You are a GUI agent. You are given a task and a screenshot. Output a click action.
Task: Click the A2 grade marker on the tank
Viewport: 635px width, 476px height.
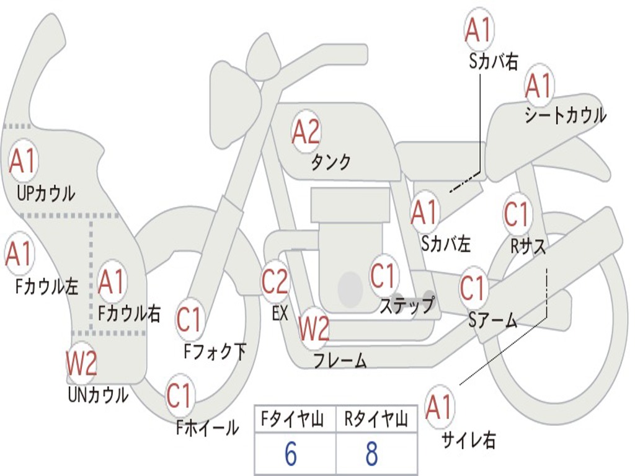(x=306, y=131)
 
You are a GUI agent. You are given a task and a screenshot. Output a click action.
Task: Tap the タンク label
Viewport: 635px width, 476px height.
(x=331, y=162)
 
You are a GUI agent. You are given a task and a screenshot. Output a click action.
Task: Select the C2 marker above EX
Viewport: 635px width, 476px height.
(x=275, y=281)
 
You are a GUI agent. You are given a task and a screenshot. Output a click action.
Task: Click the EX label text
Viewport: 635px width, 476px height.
(x=280, y=313)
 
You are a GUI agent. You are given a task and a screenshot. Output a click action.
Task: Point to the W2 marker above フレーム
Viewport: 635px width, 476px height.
(x=314, y=328)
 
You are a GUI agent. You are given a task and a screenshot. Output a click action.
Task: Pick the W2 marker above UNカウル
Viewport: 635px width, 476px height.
(x=82, y=363)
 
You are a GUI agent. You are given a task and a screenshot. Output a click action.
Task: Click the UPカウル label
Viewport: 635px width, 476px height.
(x=46, y=193)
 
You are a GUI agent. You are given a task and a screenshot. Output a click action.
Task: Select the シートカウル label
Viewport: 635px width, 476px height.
(x=566, y=115)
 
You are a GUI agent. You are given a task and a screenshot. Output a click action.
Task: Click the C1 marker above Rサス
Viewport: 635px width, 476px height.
(x=517, y=214)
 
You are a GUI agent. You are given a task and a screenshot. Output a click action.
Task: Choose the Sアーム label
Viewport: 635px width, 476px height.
(x=492, y=320)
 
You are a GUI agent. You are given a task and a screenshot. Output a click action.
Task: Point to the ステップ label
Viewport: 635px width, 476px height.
(x=407, y=304)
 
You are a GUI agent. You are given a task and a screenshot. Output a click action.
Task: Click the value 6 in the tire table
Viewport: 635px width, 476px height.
(x=291, y=453)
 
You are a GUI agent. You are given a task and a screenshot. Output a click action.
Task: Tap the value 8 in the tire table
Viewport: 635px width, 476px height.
(x=372, y=453)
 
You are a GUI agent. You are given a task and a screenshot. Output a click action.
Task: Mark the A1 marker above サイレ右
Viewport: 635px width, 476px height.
(x=439, y=407)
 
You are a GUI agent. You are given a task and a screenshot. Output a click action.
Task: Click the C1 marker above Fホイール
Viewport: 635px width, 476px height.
(x=179, y=395)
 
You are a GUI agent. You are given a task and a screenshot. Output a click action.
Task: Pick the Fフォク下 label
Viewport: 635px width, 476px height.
(x=215, y=351)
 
